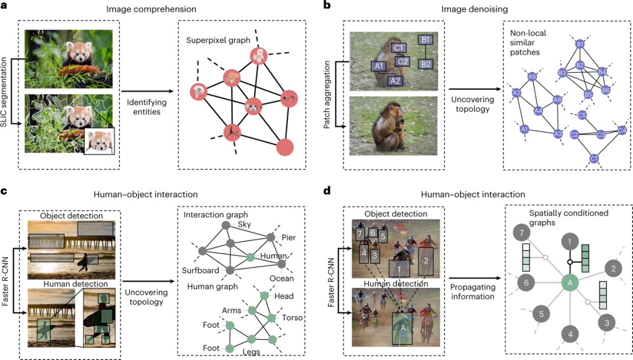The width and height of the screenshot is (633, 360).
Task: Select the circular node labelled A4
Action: (x=538, y=110)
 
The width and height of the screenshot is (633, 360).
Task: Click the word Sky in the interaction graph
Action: (x=244, y=223)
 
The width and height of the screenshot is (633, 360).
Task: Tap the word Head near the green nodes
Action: (x=284, y=296)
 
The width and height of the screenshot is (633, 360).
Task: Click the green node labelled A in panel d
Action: (x=569, y=283)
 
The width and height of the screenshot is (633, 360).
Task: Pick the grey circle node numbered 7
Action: (x=520, y=234)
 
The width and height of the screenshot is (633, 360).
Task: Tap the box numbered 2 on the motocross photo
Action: (x=426, y=255)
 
